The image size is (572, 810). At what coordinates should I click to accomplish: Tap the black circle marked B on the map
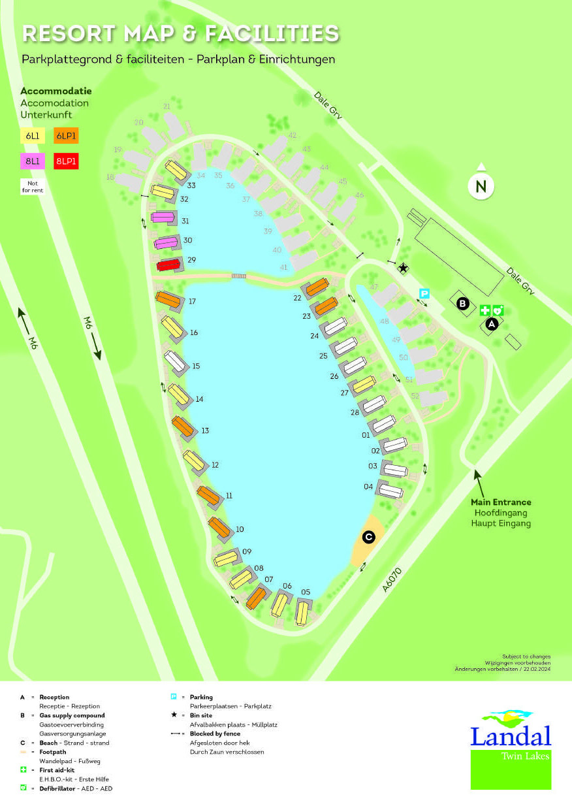463,303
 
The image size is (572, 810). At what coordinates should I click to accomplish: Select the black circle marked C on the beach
368,537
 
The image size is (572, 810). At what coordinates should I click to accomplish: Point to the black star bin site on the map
403,268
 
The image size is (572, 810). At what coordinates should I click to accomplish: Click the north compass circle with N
481,186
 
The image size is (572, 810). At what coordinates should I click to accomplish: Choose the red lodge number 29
168,265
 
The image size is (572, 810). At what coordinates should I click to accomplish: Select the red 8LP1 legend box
66,161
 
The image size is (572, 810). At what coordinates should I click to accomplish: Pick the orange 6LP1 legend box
66,136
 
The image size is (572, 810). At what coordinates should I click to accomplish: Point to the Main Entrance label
501,502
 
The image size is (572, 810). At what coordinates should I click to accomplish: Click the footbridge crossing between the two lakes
238,276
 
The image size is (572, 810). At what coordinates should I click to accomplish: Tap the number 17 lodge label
192,301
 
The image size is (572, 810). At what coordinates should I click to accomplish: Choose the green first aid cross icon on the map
485,311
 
